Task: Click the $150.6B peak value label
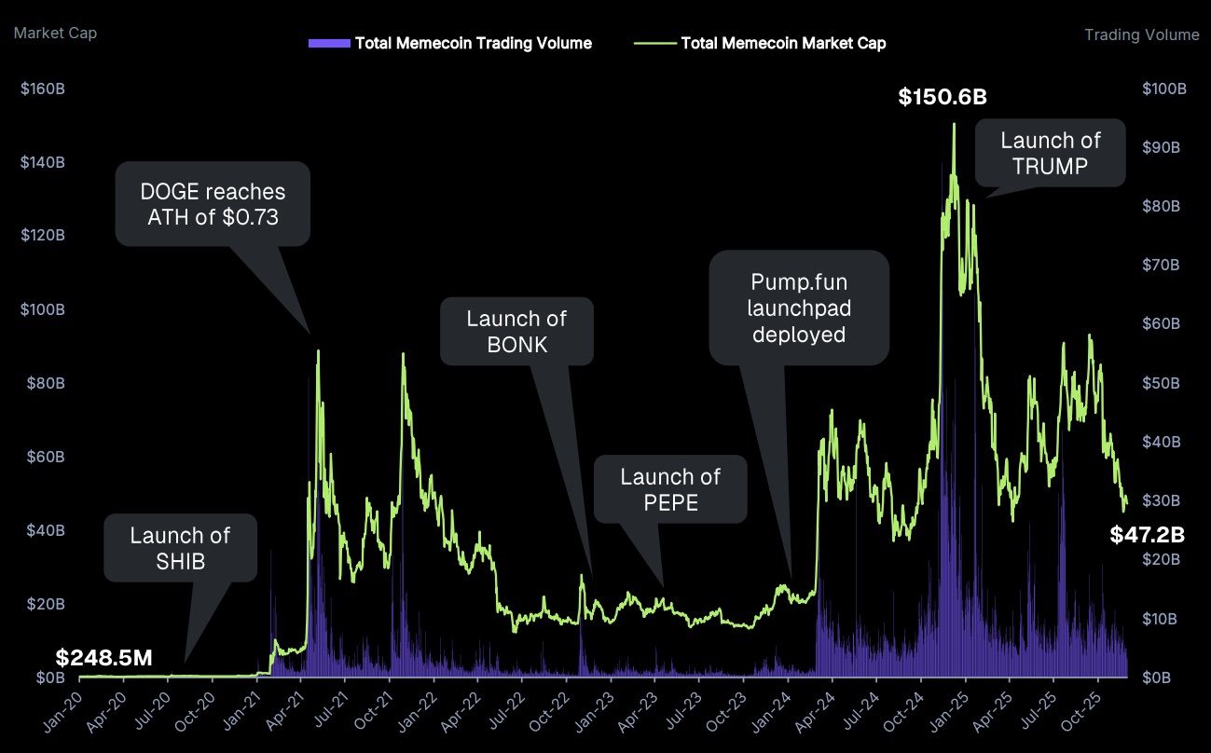[943, 97]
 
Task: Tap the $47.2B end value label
[1147, 535]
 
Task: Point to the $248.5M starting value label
[103, 658]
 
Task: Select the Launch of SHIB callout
[180, 548]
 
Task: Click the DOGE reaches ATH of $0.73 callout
[213, 205]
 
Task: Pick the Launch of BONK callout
[516, 331]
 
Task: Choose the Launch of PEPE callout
[670, 489]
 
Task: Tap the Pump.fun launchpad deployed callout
[799, 307]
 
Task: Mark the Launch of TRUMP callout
[1050, 153]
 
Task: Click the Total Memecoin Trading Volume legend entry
[449, 43]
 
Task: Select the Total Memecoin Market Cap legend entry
[760, 43]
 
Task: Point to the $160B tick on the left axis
[42, 89]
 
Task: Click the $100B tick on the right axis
[1164, 89]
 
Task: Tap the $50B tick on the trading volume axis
[1164, 383]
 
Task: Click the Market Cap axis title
[55, 34]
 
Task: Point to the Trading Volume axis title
[1142, 35]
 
